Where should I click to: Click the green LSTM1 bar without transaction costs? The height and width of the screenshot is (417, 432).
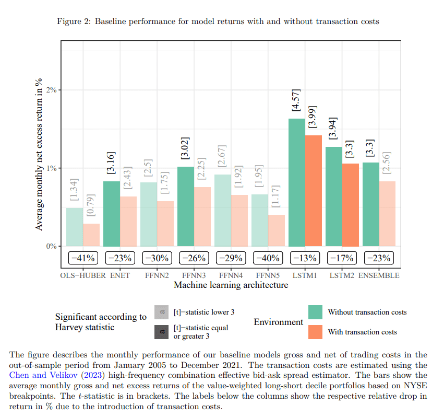point(297,182)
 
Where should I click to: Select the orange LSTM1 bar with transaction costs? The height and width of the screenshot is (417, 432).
point(314,191)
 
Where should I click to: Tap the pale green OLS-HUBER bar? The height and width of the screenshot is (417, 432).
point(75,227)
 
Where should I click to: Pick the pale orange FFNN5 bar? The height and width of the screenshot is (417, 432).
point(277,230)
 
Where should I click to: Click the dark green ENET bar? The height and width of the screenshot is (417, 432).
point(112,214)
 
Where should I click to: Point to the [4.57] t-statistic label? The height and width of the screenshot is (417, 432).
point(296,100)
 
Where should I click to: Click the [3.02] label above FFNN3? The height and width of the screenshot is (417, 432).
point(185,148)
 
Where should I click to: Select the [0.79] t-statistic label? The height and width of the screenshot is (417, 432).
point(91,205)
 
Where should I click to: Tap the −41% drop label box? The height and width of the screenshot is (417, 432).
point(83,258)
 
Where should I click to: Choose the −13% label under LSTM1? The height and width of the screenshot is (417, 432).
point(305,258)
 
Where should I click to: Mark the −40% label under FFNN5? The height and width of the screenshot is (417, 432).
point(268,258)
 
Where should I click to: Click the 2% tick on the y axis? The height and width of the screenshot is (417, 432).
point(51,90)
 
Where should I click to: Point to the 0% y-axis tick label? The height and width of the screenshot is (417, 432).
point(51,246)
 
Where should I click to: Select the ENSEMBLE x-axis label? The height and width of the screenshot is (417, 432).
point(379,275)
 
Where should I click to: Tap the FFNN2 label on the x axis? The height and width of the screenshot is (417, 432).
point(157,275)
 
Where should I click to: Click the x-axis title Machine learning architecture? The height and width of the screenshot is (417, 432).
point(231,285)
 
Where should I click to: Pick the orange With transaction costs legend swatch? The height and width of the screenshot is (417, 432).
point(316,332)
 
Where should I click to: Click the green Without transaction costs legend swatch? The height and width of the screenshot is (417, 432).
point(316,312)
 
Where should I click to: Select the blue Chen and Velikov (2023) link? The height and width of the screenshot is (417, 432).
point(57,375)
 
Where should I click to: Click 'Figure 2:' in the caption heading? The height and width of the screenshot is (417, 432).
point(74,21)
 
